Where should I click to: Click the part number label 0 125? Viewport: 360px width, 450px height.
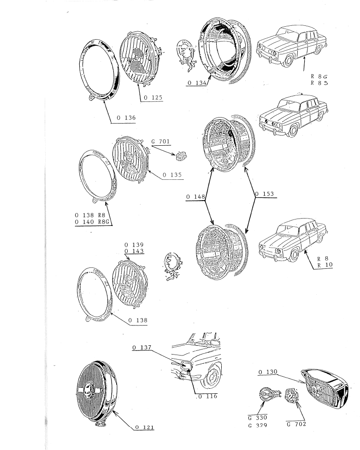(x=153, y=98)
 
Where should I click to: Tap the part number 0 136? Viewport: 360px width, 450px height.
(x=126, y=118)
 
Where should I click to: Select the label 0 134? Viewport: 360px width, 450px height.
(x=197, y=83)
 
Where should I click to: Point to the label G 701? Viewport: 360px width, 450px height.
(x=160, y=142)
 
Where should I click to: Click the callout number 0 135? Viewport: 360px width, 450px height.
(x=172, y=175)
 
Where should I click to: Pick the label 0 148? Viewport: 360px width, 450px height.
(x=195, y=197)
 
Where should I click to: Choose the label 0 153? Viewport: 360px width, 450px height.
(x=265, y=194)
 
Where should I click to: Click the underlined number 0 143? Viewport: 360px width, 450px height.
(x=134, y=251)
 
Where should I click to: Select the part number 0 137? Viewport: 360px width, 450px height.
(x=142, y=348)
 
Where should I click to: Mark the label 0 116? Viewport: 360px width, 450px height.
(x=208, y=397)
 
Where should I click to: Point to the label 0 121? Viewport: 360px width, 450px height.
(x=145, y=427)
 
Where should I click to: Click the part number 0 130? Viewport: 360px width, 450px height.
(x=268, y=372)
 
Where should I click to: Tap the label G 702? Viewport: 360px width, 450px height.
(x=296, y=424)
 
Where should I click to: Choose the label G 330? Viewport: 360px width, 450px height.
(x=258, y=418)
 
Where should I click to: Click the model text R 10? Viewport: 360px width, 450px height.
(x=325, y=265)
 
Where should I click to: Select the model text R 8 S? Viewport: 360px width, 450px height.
(x=319, y=83)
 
